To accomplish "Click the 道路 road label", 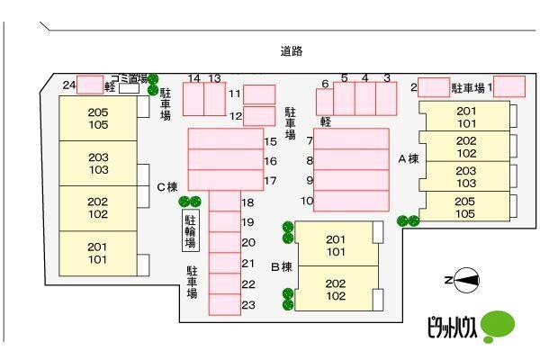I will click(x=291, y=51).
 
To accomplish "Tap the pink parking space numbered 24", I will click(x=90, y=85).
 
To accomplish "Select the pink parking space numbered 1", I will click(x=509, y=86).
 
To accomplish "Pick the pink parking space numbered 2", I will click(x=435, y=87).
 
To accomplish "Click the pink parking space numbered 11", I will click(x=259, y=94).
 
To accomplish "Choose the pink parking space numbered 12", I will click(x=259, y=115).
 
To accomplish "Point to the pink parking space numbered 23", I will click(x=224, y=305).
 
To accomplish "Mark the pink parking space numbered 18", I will click(x=224, y=202).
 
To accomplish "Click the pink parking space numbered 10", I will click(x=351, y=202).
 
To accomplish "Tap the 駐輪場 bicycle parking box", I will click(x=191, y=232).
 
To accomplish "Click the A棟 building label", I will click(x=409, y=158).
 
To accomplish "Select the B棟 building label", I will click(x=282, y=266).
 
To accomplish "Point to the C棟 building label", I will click(x=166, y=187).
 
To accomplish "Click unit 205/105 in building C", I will click(x=98, y=118).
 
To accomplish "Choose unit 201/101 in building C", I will click(x=97, y=253).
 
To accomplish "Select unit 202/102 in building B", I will click(x=336, y=289).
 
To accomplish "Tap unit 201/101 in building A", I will click(x=465, y=117).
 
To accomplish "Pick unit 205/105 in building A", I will click(x=465, y=207).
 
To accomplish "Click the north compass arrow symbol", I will click(x=465, y=282).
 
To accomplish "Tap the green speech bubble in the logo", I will click(x=498, y=323).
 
